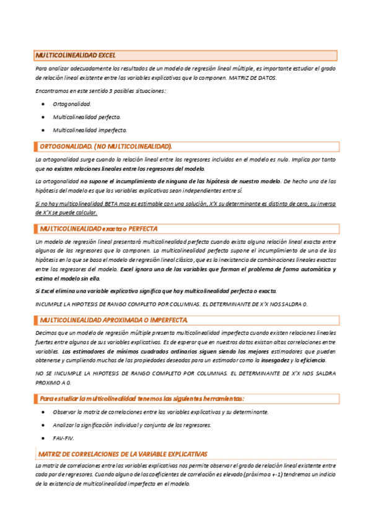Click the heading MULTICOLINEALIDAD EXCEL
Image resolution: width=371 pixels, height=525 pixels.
[75, 55]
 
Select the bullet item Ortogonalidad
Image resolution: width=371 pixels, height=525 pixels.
[72, 104]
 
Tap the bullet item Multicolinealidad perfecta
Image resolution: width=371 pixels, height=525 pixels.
[87, 117]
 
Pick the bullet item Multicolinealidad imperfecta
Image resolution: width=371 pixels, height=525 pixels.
[90, 131]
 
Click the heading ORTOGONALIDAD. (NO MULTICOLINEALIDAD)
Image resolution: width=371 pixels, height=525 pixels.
[105, 147]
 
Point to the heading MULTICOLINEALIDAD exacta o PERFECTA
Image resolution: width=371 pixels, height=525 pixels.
[98, 228]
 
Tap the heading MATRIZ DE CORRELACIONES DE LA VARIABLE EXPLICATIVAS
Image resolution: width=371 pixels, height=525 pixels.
[123, 454]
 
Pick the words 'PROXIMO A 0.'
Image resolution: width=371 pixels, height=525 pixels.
[54, 383]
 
